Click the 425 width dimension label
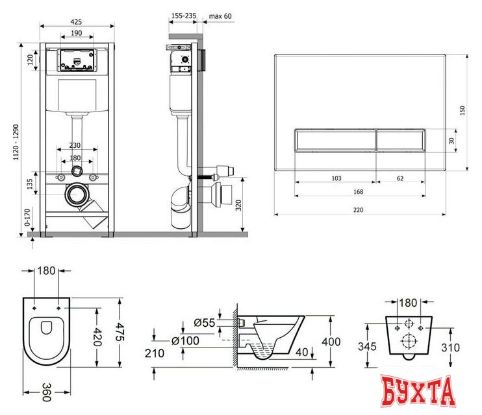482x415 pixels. coord(77,19)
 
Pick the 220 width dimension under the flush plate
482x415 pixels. coord(358,209)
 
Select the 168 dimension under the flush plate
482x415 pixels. coord(358,191)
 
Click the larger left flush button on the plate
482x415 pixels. coord(334,140)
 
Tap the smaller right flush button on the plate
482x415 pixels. coord(401,140)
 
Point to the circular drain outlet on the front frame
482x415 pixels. coord(77,194)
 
